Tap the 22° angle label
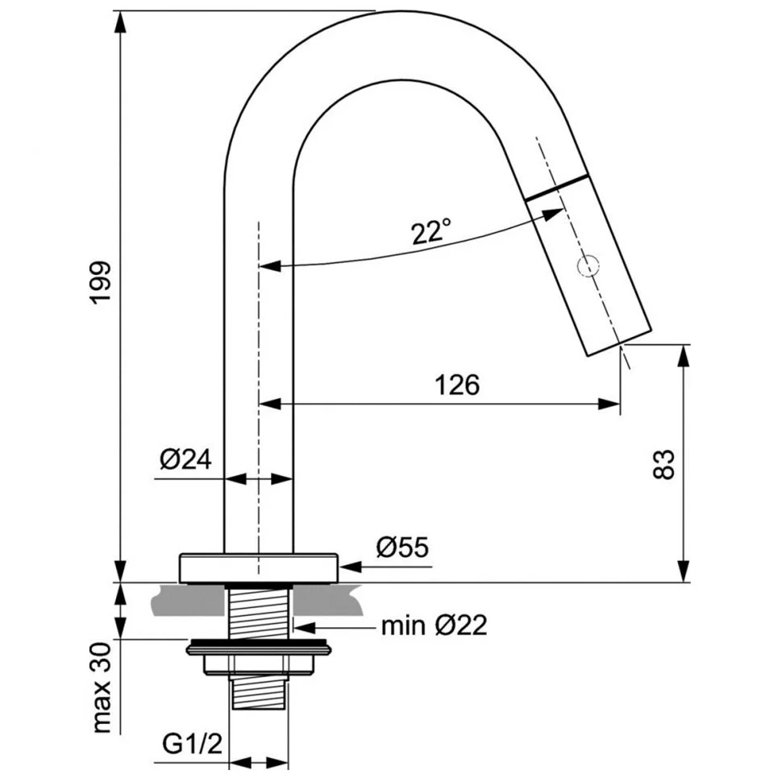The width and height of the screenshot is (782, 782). tap(431, 231)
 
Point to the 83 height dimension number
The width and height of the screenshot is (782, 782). tap(663, 464)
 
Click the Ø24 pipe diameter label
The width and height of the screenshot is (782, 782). tap(185, 460)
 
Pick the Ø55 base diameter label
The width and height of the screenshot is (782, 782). tap(402, 547)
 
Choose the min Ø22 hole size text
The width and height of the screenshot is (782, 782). tap(434, 625)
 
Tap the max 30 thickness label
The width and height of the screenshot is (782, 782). tap(102, 688)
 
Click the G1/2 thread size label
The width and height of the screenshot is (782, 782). tap(192, 745)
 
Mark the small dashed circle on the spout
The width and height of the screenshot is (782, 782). tap(588, 266)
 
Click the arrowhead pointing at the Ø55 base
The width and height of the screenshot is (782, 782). tap(349, 567)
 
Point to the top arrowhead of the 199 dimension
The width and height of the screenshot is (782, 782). tap(119, 22)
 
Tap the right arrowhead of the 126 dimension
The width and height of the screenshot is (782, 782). tap(609, 403)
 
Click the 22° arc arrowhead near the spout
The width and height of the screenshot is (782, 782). tap(552, 215)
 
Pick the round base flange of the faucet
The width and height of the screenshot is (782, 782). tap(259, 568)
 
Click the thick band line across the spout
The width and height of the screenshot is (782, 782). tap(555, 188)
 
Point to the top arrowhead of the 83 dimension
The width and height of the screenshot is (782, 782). tap(684, 355)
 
